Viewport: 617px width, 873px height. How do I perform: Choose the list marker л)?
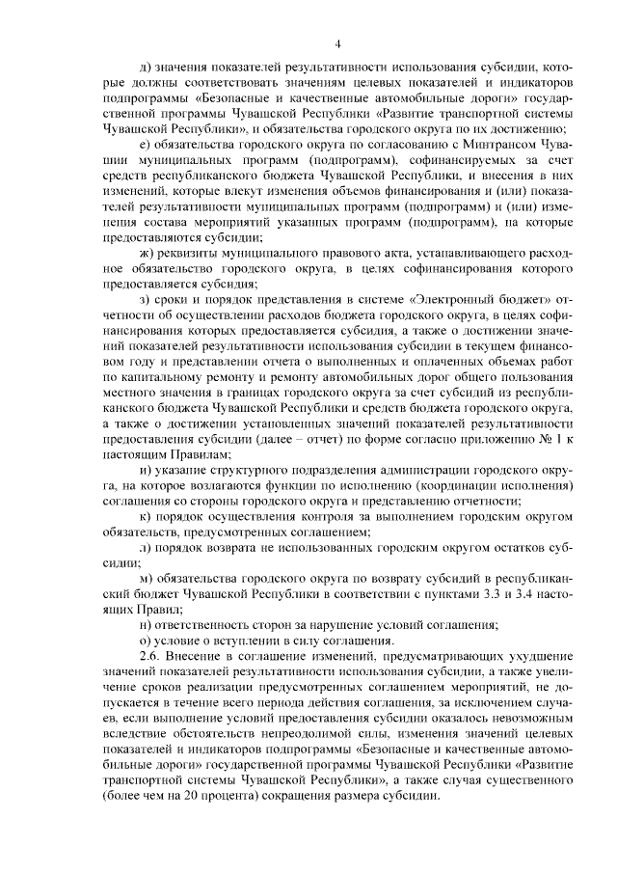[145, 546]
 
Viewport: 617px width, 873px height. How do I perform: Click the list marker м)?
[146, 577]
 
